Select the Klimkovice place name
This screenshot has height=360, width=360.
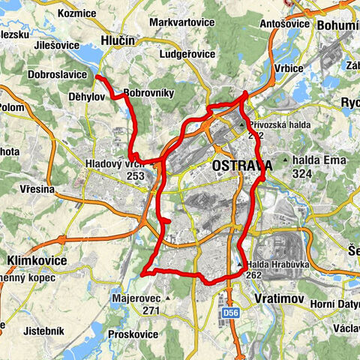36,260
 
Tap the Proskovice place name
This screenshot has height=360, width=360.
132,333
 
